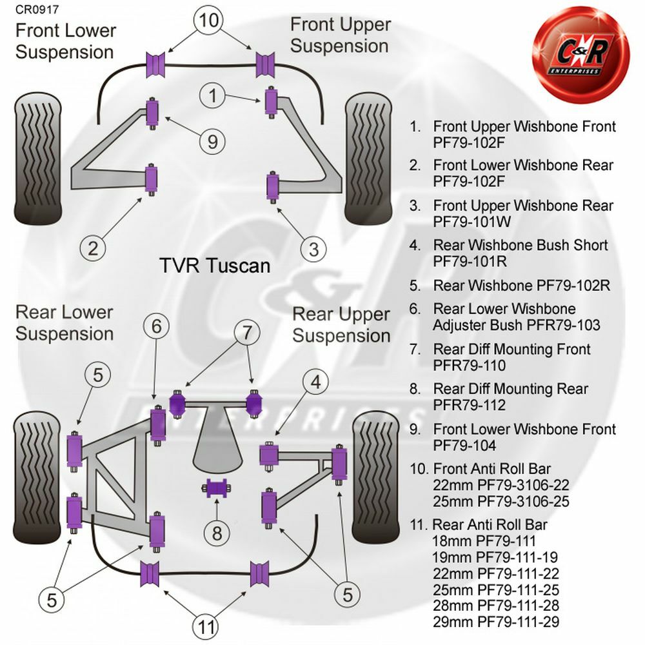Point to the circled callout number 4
pyautogui.click(x=315, y=382)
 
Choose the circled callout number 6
pyautogui.click(x=157, y=328)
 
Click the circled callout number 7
pyautogui.click(x=246, y=333)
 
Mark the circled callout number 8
pyautogui.click(x=217, y=533)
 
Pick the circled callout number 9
pyautogui.click(x=213, y=139)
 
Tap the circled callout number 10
pyautogui.click(x=209, y=20)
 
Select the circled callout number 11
pyautogui.click(x=206, y=625)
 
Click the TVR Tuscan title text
pyautogui.click(x=215, y=265)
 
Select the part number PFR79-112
pyautogui.click(x=470, y=406)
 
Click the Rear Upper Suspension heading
pyautogui.click(x=341, y=325)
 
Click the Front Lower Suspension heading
pyautogui.click(x=65, y=41)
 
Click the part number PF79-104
pyautogui.click(x=464, y=446)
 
